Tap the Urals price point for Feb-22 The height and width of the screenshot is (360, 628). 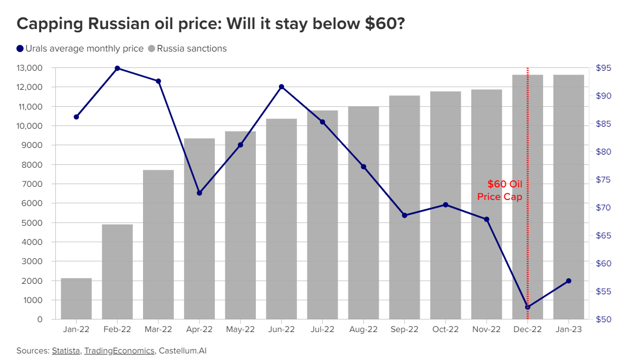tap(117, 68)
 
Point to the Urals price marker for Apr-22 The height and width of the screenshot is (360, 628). tap(199, 193)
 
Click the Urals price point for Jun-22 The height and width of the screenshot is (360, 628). tap(282, 87)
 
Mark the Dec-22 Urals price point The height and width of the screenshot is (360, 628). tap(528, 307)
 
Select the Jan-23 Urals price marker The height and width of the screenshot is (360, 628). tap(568, 281)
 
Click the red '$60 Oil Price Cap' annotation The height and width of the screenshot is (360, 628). tap(500, 190)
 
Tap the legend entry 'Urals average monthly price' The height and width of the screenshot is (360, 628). tap(80, 49)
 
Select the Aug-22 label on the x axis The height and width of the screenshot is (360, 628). tap(363, 330)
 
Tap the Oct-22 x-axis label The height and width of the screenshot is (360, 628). tap(446, 330)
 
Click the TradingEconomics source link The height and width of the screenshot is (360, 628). tap(119, 351)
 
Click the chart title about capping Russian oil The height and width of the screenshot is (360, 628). tap(211, 24)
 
